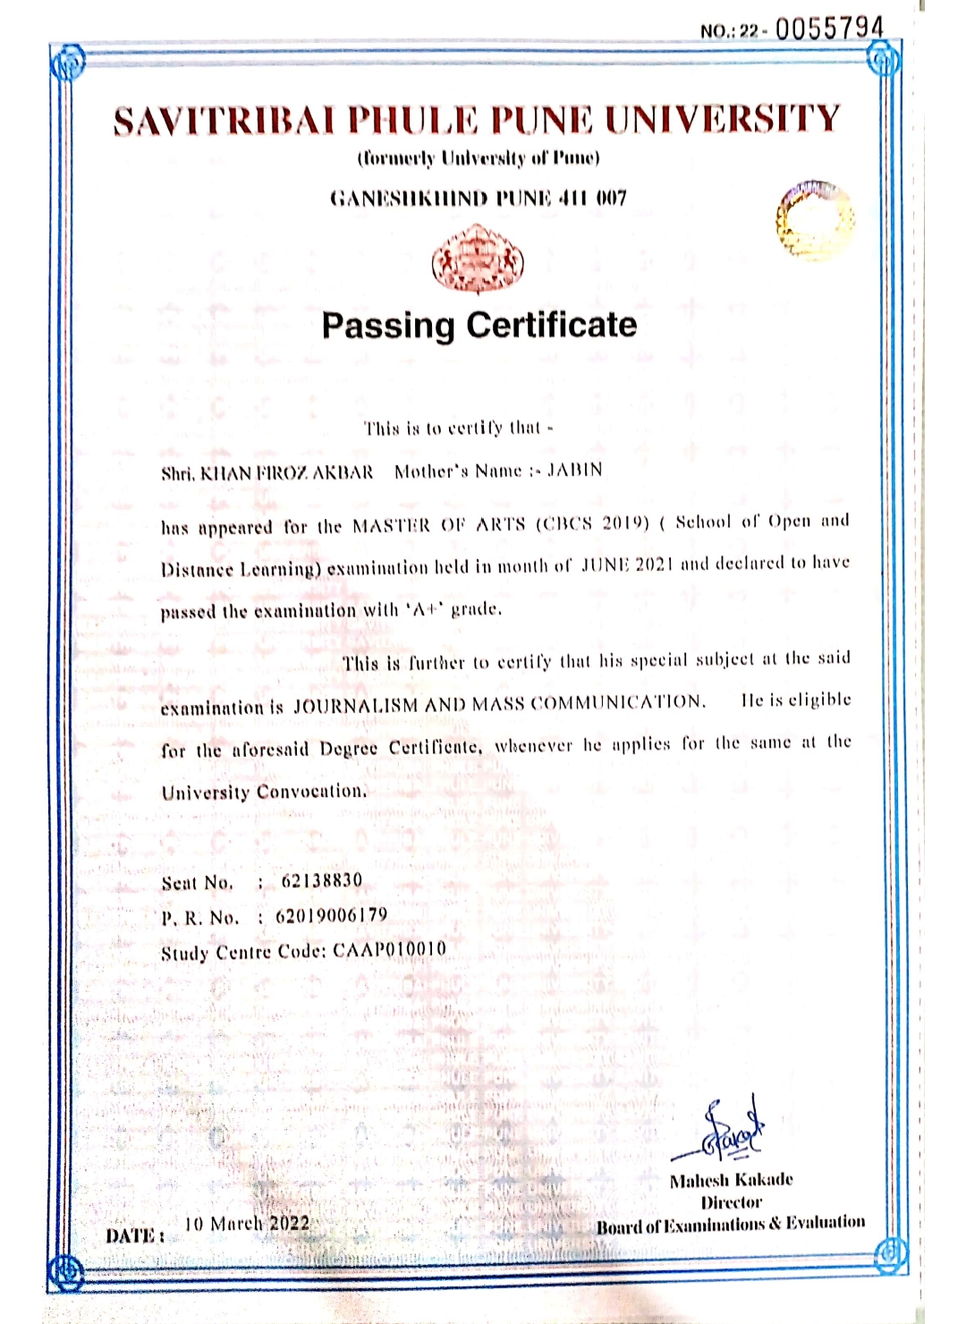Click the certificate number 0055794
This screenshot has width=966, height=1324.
pos(829,30)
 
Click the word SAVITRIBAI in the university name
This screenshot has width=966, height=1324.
pos(224,121)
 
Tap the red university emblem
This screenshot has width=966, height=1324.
pos(478,259)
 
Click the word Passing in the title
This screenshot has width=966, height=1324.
pos(388,326)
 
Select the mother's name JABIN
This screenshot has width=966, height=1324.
pos(574,471)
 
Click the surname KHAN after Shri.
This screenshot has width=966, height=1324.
pos(227,472)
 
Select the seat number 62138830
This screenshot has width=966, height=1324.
pos(322,881)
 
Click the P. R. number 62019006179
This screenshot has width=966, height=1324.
pos(332,916)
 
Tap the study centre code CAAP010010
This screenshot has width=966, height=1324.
pos(390,949)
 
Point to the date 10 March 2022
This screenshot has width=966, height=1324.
pos(247,1224)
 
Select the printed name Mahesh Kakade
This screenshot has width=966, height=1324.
pos(731,1180)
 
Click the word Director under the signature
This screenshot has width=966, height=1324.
pos(731,1202)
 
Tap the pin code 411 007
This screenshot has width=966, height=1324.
pos(591,198)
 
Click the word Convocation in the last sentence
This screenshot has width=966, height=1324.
pos(311,792)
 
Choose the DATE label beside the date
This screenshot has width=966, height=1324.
pos(134,1236)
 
